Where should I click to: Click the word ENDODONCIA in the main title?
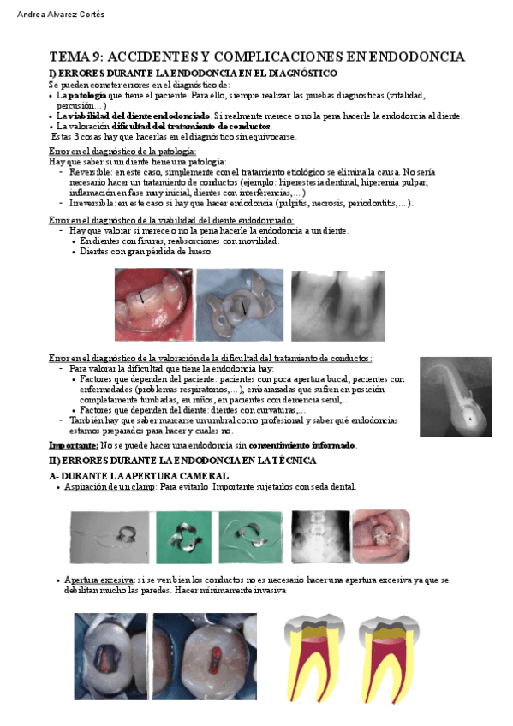(x=416, y=57)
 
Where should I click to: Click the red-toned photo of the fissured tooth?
(x=154, y=305)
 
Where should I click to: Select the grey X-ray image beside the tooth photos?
(x=337, y=305)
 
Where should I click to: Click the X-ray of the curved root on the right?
(x=456, y=396)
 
